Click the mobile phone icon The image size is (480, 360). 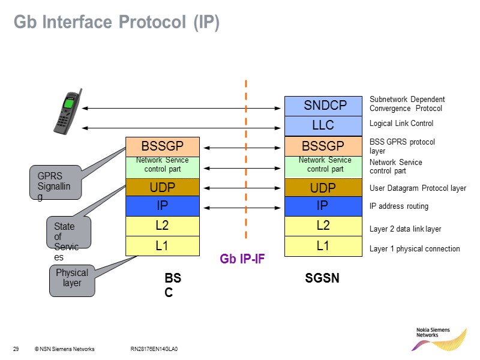[x=67, y=112]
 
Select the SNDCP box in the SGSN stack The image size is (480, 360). [x=323, y=106]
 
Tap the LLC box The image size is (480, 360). [x=323, y=126]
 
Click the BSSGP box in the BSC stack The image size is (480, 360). [x=162, y=146]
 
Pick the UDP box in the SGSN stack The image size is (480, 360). [x=323, y=188]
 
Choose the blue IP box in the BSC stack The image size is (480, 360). [x=162, y=206]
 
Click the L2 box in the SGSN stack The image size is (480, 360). [x=323, y=226]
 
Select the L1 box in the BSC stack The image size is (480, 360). [x=162, y=246]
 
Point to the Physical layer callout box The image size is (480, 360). [x=72, y=279]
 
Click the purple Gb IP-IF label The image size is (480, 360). [x=242, y=260]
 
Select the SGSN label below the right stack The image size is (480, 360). [x=322, y=279]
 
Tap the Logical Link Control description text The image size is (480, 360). [x=401, y=124]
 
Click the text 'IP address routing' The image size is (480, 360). [x=399, y=206]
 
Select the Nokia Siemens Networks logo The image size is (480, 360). [x=441, y=340]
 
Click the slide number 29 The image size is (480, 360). [x=16, y=349]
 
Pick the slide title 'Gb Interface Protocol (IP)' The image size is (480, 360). [x=117, y=23]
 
